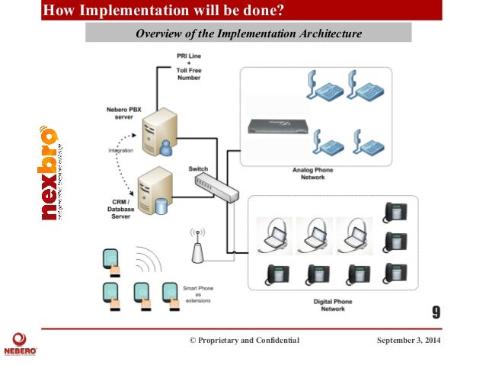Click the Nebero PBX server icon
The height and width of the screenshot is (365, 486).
(160, 133)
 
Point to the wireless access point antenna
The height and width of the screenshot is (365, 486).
(197, 245)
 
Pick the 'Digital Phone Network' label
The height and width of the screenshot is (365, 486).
(332, 306)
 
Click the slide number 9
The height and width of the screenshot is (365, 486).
(436, 312)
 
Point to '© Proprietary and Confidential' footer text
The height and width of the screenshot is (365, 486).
(244, 340)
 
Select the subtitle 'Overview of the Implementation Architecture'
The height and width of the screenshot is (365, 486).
(248, 33)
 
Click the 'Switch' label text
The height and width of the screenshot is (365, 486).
(198, 168)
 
